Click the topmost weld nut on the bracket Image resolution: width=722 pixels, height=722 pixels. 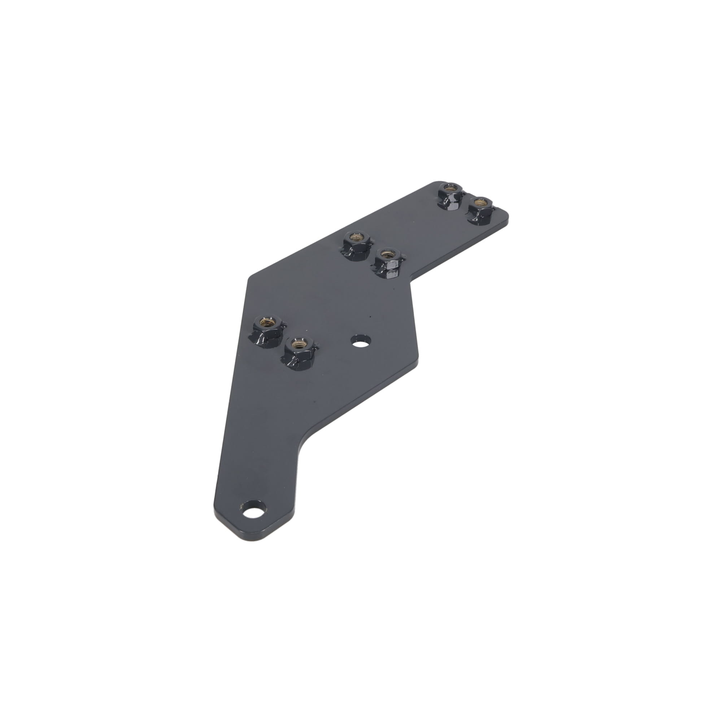(x=450, y=194)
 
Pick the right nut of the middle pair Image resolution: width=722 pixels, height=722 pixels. (x=387, y=262)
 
